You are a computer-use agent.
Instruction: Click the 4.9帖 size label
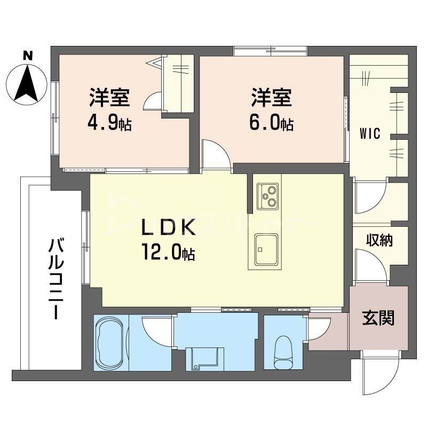109,124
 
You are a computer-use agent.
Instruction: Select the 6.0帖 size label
271,124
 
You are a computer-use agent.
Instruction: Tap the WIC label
369,133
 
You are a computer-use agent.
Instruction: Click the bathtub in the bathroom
110,341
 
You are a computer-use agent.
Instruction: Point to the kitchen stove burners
267,196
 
